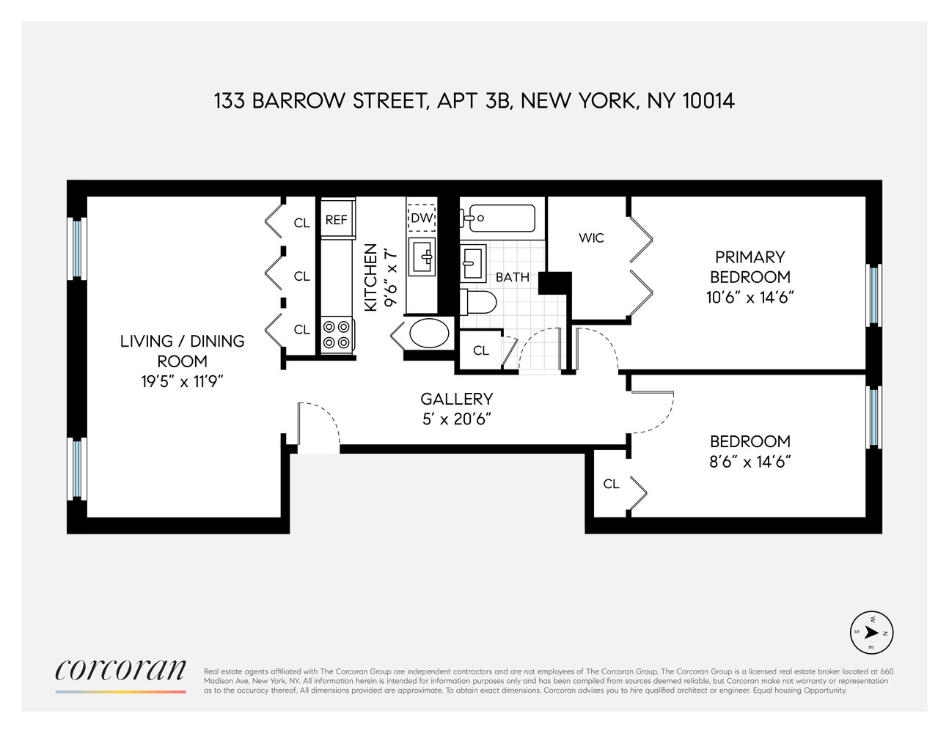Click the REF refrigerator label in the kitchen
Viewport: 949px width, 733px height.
[x=336, y=220]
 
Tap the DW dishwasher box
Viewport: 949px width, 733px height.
[x=422, y=218]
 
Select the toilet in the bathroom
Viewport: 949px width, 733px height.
[x=480, y=301]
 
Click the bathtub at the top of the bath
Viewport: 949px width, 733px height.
[x=499, y=218]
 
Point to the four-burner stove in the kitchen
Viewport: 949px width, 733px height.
[x=336, y=334]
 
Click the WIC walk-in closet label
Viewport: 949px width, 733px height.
[x=591, y=237]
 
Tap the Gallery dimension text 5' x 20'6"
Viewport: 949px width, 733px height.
[x=456, y=419]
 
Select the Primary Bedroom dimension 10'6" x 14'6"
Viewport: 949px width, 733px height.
[x=750, y=297]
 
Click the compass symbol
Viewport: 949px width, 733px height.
[x=872, y=633]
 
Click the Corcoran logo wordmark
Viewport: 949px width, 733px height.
[x=120, y=669]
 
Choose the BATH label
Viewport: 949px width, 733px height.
[x=512, y=277]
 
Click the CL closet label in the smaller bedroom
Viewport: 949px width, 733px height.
[x=611, y=484]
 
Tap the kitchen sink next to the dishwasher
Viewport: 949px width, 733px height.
[x=422, y=256]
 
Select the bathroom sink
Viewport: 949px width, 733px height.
[x=473, y=262]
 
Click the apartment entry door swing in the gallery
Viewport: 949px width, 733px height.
[x=318, y=425]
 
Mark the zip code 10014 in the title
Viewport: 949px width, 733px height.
[x=708, y=100]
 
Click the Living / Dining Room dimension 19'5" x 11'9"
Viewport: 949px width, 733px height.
[x=183, y=381]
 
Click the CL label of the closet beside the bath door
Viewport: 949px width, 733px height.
[x=480, y=350]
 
